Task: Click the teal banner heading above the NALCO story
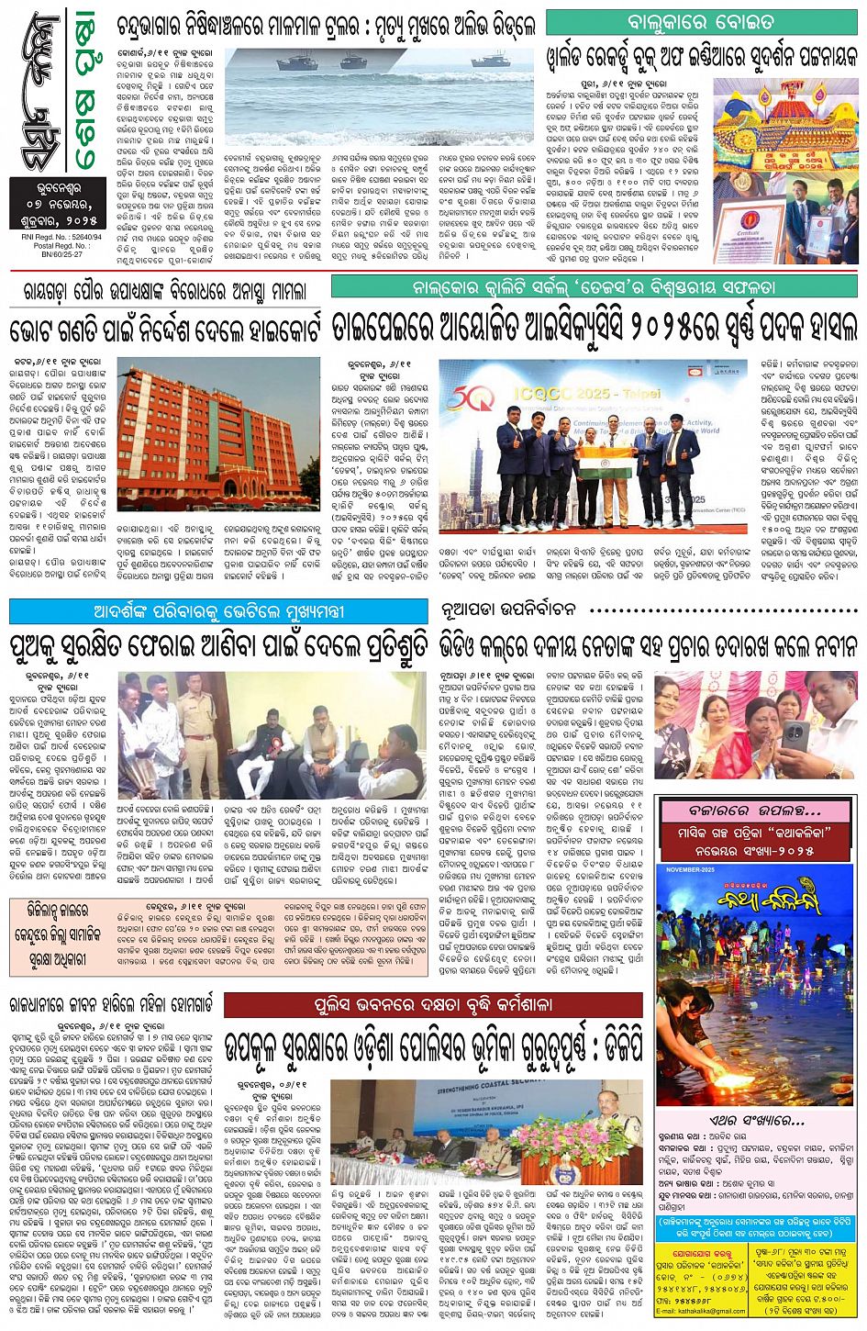coord(594,286)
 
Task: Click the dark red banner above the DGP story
coord(434,1005)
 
